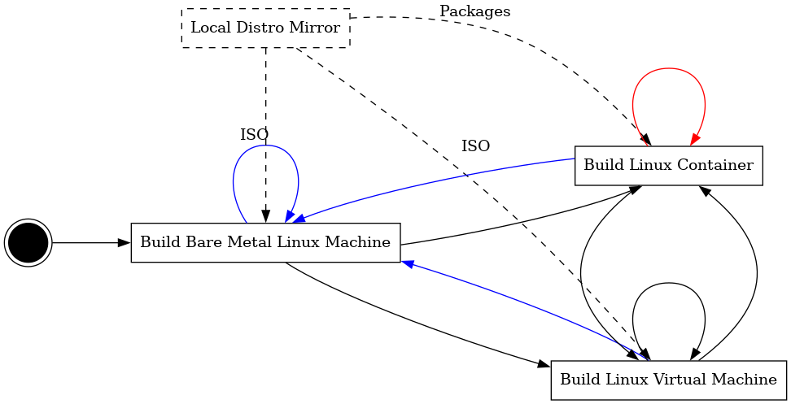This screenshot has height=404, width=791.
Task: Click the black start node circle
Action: tap(28, 242)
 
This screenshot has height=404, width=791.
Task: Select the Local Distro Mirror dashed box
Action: tap(265, 28)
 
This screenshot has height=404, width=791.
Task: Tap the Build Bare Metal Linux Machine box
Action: tap(265, 242)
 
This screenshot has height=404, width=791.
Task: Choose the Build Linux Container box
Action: tap(668, 166)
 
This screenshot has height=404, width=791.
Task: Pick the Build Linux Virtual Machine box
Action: tap(668, 380)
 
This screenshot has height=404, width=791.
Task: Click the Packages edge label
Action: tap(474, 11)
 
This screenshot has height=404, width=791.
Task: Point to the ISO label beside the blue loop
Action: tap(254, 135)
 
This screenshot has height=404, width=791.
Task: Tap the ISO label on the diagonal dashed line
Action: tap(475, 146)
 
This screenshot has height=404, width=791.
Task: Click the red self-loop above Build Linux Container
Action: tap(669, 70)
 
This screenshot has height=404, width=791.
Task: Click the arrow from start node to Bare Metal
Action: tap(90, 242)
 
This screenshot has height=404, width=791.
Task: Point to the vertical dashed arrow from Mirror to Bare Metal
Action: tap(266, 98)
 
